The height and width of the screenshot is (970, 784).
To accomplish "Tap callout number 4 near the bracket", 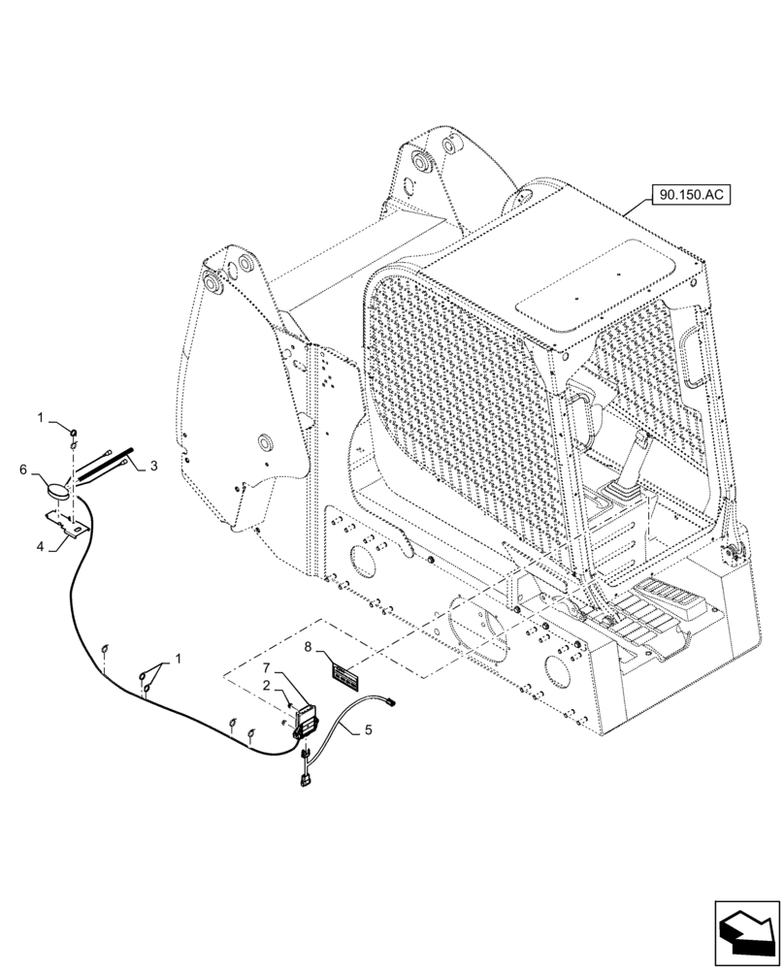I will pos(41,547).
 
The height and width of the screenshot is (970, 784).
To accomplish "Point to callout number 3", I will pos(152,467).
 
